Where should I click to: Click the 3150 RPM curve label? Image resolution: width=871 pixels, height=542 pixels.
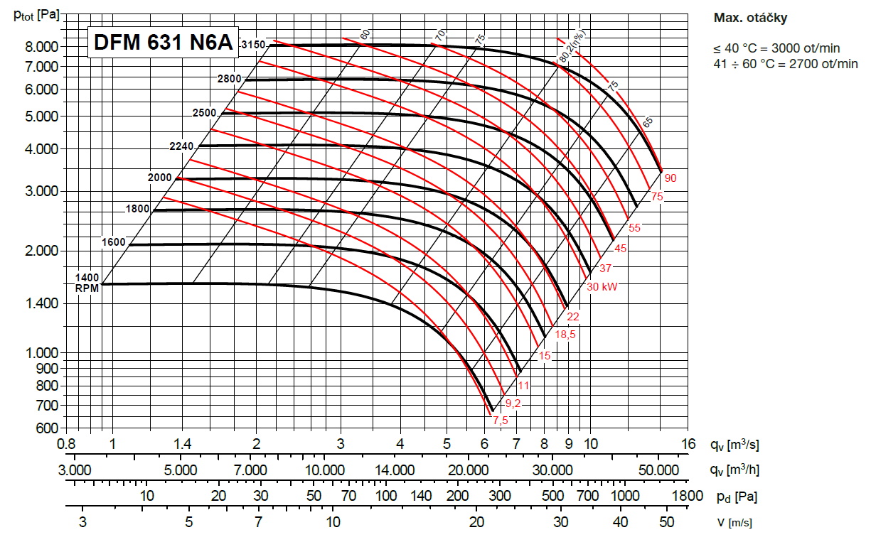(x=252, y=45)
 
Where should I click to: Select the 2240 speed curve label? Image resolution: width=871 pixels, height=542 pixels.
(x=183, y=146)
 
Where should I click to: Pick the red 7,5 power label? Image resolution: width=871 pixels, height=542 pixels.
(x=501, y=421)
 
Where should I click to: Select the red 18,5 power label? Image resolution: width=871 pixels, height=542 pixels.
(x=565, y=335)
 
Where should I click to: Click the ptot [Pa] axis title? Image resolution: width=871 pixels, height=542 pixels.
(x=36, y=15)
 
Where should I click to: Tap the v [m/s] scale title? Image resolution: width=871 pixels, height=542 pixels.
(x=734, y=522)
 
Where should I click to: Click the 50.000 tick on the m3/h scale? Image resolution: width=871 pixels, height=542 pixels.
(x=658, y=470)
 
